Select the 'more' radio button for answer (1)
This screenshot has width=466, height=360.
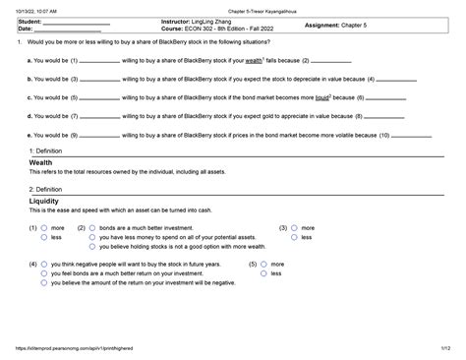click(44, 227)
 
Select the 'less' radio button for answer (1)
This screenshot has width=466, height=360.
click(44, 237)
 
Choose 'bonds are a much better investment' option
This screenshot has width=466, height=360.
click(92, 227)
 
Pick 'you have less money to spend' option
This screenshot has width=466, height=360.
click(92, 237)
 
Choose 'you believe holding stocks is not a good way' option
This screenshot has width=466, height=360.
click(92, 247)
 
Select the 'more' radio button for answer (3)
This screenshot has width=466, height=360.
click(294, 227)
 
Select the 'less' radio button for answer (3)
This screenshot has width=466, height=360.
click(294, 237)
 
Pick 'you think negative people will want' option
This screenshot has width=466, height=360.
click(44, 265)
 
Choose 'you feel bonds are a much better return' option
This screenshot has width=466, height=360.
click(44, 273)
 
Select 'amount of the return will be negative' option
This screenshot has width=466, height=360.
click(44, 283)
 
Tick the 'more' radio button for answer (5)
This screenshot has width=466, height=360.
click(264, 265)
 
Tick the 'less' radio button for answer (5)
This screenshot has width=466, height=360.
click(264, 273)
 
